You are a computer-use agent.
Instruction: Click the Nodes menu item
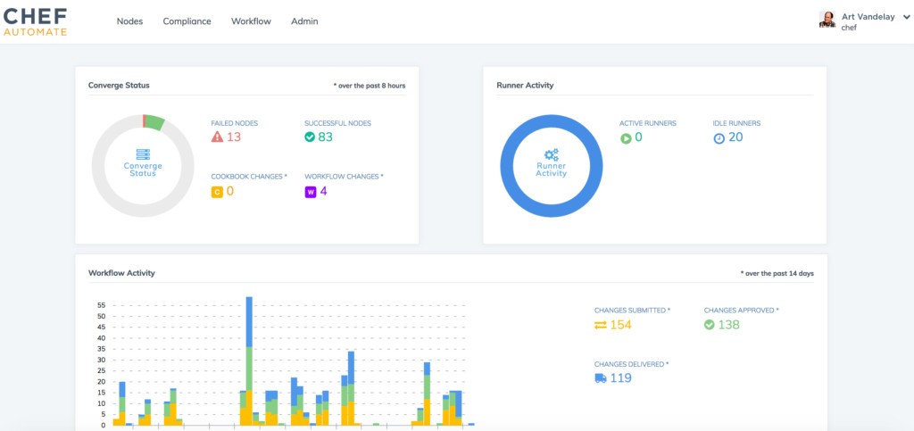(x=129, y=21)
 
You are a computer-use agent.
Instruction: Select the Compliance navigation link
(x=187, y=21)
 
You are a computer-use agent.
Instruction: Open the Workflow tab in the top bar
(x=251, y=21)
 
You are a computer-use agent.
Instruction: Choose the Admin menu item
(x=304, y=21)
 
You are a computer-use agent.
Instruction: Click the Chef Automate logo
(x=35, y=21)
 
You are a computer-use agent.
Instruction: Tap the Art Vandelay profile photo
(x=827, y=20)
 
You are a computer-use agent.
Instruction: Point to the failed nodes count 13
(x=234, y=137)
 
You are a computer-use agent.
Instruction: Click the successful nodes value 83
(x=325, y=137)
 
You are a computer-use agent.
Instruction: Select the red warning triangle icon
(x=217, y=137)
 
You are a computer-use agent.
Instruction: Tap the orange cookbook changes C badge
(x=217, y=191)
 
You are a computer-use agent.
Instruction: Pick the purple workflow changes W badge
(x=311, y=191)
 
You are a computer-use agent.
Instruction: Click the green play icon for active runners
(x=626, y=137)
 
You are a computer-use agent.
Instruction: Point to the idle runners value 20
(x=735, y=137)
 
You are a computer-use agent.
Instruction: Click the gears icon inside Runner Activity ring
(x=551, y=154)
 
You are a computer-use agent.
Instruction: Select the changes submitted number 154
(x=620, y=325)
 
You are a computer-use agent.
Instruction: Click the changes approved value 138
(x=728, y=325)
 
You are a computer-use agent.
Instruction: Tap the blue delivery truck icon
(x=601, y=378)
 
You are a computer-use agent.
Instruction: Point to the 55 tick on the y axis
(x=101, y=305)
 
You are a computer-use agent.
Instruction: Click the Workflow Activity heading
(x=122, y=272)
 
